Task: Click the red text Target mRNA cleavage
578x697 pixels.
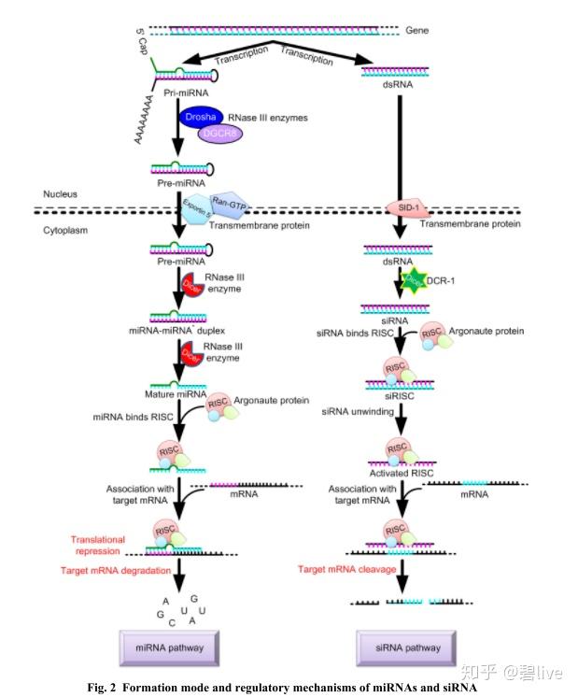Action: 345,568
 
